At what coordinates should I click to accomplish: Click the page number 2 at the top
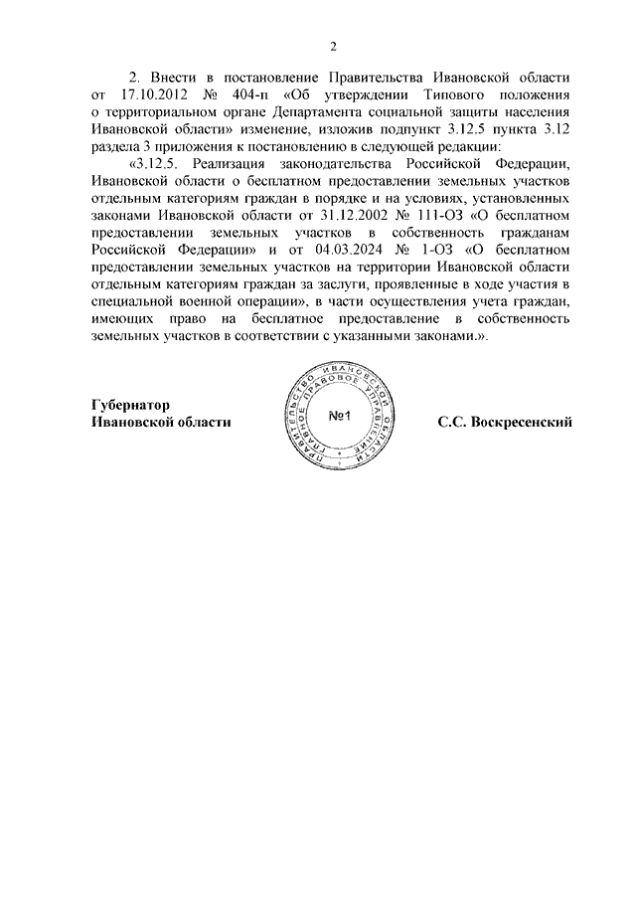(334, 47)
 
